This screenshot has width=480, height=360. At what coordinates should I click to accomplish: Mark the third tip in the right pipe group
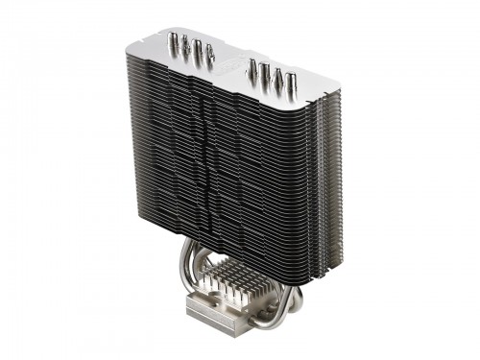coord(279,76)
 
